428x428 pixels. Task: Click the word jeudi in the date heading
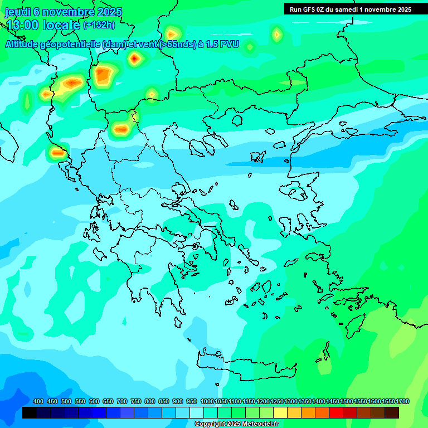tap(18, 12)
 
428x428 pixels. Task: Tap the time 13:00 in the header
tap(22, 25)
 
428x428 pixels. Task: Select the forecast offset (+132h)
tap(99, 25)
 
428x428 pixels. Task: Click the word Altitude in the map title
tap(25, 44)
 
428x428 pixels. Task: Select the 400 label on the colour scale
tap(38, 401)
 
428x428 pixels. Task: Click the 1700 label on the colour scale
tap(402, 401)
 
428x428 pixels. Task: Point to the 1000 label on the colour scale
tap(207, 401)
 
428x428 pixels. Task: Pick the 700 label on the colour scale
tap(122, 401)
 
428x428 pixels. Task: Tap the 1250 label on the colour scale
tap(276, 401)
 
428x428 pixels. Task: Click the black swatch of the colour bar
tap(30, 413)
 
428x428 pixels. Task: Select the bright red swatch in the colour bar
tap(335, 413)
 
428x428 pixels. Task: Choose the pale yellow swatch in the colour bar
tap(280, 413)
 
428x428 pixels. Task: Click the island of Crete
tap(245, 365)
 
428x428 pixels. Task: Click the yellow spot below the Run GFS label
tap(276, 35)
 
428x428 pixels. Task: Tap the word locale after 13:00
tap(61, 25)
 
